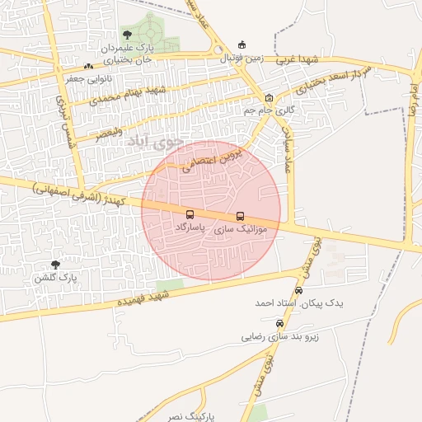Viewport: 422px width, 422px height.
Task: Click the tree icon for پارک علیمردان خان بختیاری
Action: [x=127, y=35]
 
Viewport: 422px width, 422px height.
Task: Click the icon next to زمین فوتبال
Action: [x=241, y=45]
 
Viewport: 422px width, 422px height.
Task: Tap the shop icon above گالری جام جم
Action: [x=269, y=97]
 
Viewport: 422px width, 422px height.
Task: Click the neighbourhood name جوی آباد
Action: [x=148, y=141]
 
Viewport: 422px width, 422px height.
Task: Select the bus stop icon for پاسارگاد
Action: [x=190, y=214]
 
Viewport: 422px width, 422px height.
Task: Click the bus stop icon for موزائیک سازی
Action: [x=240, y=216]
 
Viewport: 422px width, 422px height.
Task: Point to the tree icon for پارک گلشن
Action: [x=55, y=265]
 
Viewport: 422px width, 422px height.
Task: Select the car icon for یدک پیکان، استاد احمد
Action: [x=298, y=290]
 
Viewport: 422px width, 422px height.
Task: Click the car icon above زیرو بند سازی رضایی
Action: [x=280, y=323]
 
